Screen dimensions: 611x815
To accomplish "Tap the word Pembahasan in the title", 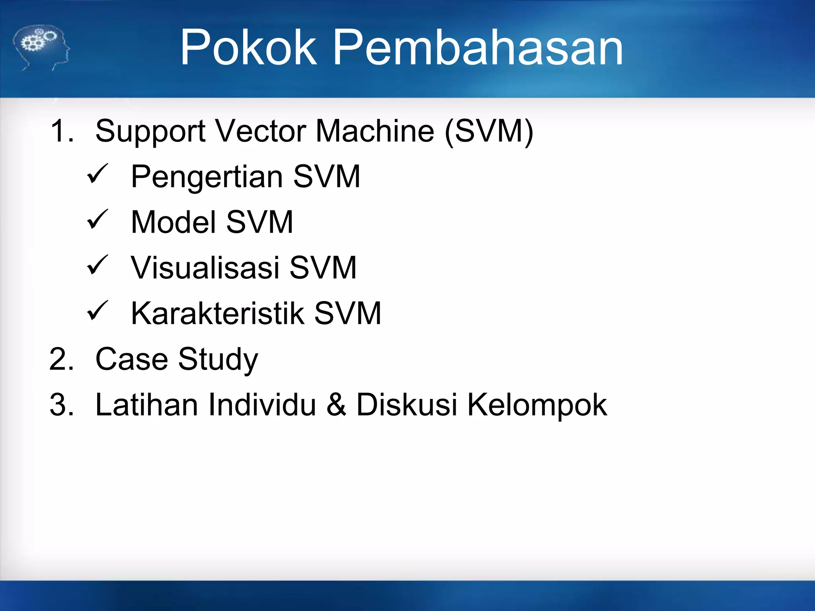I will pyautogui.click(x=478, y=48).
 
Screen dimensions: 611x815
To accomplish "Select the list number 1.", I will pyautogui.click(x=62, y=131).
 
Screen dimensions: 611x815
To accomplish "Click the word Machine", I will pyautogui.click(x=375, y=131).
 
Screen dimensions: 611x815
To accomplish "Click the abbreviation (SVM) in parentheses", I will pyautogui.click(x=489, y=131).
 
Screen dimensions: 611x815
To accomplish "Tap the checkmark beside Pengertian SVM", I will pyautogui.click(x=97, y=174).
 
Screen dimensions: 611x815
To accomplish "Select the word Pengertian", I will pyautogui.click(x=207, y=177).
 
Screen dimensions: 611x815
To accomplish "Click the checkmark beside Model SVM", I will pyautogui.click(x=97, y=220).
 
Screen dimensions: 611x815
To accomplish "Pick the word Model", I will pyautogui.click(x=174, y=222).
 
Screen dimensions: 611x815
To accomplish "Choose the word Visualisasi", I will pyautogui.click(x=205, y=268).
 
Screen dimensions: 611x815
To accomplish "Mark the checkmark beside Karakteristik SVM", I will pyautogui.click(x=97, y=311).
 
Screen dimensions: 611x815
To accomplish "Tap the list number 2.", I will pyautogui.click(x=62, y=360).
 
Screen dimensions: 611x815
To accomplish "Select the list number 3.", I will pyautogui.click(x=62, y=405).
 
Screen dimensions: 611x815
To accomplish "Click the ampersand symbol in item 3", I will pyautogui.click(x=336, y=405).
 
